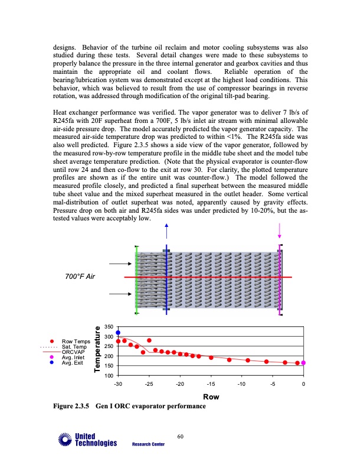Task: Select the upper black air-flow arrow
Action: [121, 264]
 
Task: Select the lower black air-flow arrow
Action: [121, 294]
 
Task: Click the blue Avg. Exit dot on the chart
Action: [118, 333]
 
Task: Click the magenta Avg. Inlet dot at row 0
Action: [303, 363]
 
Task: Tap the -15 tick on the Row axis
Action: [211, 384]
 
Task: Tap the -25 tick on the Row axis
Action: [149, 384]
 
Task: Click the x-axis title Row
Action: [211, 397]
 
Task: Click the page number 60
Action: [180, 437]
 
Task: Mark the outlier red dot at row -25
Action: [149, 340]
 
